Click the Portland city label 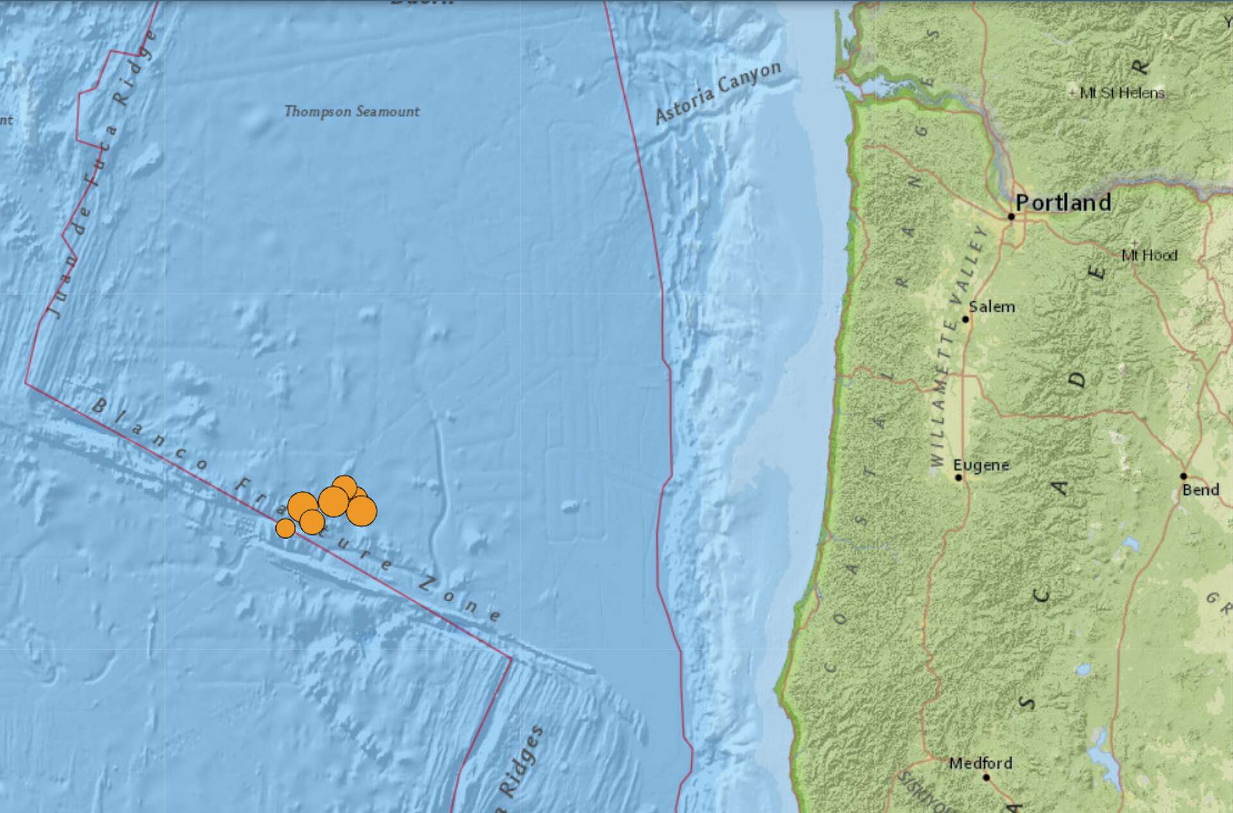1063,202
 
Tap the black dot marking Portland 1011,216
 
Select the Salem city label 992,307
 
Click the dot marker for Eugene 958,477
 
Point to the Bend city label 1200,490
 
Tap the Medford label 981,763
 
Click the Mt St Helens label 1121,93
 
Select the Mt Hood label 1150,256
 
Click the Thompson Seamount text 351,112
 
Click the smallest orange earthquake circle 285,528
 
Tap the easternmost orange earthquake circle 362,511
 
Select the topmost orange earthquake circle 344,487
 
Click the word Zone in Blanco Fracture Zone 460,600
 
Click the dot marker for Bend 1184,476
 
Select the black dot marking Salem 965,319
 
